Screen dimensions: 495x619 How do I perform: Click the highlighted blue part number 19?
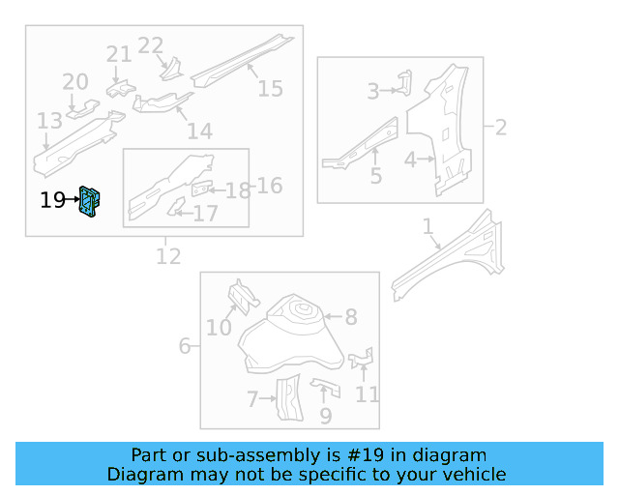tap(90, 201)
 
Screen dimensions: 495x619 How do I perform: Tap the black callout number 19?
tap(52, 201)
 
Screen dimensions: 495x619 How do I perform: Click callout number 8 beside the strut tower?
tap(351, 316)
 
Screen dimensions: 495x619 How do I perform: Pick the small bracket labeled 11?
tap(362, 361)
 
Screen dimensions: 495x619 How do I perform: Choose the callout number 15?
tap(270, 89)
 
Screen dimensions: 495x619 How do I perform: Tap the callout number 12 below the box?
tap(168, 256)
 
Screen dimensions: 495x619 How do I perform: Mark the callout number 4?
tap(410, 160)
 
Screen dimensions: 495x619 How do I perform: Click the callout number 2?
tap(501, 127)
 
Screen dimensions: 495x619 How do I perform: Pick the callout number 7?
tap(252, 398)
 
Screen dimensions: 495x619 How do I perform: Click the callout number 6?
tap(185, 345)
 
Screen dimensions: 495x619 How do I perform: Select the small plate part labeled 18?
tap(203, 189)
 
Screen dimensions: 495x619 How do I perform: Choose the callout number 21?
tap(119, 54)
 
